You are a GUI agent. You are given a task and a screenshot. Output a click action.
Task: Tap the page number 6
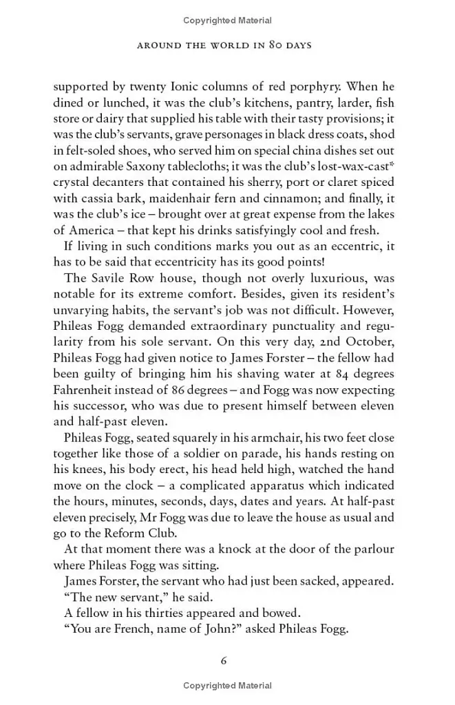click(x=224, y=660)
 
